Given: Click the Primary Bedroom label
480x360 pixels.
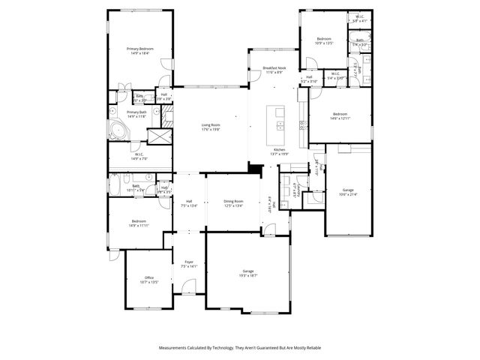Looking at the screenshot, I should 139,50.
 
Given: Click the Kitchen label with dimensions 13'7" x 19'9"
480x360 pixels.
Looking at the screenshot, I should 279,152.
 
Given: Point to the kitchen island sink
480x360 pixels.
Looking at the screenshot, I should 280,126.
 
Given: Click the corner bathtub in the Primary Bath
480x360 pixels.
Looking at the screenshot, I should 118,132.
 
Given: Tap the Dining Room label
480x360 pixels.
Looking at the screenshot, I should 233,203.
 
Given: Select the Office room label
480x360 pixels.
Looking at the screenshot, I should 150,280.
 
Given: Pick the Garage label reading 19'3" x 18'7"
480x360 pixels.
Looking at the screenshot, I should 247,273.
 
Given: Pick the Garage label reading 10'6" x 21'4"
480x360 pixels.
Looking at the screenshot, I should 347,192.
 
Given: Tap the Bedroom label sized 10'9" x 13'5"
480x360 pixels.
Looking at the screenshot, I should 323,40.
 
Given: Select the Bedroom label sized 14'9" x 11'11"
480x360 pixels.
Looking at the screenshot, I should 139,223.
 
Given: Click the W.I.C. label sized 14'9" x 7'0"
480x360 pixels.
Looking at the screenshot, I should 139,157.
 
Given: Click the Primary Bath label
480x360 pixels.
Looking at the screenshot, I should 136,114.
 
